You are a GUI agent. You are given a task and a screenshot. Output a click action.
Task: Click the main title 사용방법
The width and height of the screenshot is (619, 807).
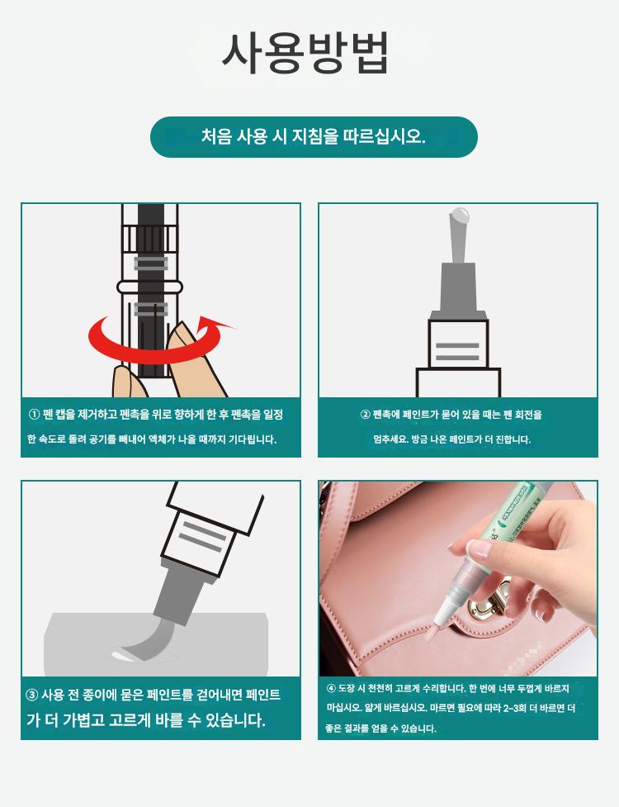pyautogui.click(x=305, y=53)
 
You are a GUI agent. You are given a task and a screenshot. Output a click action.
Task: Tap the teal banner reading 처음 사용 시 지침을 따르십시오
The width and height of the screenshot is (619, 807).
pyautogui.click(x=314, y=137)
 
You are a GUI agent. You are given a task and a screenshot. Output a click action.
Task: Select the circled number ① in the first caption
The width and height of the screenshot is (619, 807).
pyautogui.click(x=35, y=415)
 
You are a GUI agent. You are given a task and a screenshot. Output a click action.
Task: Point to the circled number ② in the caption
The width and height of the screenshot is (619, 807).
pyautogui.click(x=366, y=415)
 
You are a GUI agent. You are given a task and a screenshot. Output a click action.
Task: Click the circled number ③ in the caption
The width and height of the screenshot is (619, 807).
pyautogui.click(x=32, y=695)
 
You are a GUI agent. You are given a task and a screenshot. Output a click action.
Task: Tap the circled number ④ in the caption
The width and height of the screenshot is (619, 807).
pyautogui.click(x=331, y=689)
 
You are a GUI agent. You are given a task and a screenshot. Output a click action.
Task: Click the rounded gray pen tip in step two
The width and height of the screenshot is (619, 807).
pyautogui.click(x=459, y=215)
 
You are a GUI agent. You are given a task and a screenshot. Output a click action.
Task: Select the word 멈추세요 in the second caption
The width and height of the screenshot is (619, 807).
pyautogui.click(x=390, y=439)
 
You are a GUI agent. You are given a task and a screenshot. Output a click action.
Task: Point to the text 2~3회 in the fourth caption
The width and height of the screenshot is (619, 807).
pyautogui.click(x=513, y=708)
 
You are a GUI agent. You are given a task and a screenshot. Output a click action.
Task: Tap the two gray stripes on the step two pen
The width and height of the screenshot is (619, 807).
pyautogui.click(x=457, y=352)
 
